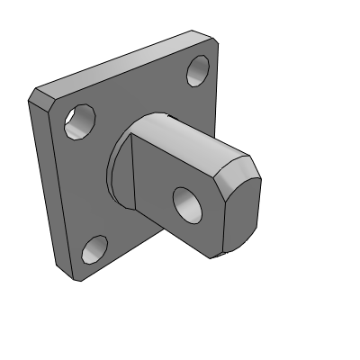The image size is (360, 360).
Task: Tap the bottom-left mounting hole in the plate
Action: pos(94,248)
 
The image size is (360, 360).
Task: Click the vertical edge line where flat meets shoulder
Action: pos(132,171)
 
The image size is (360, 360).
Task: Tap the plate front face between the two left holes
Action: pos(81,184)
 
